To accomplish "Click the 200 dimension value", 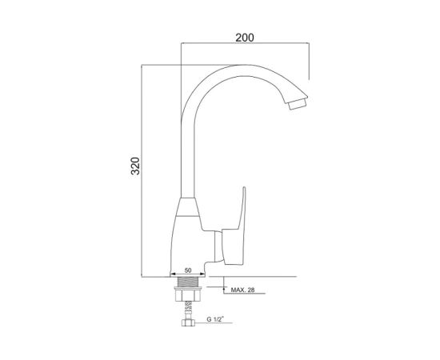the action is coord(245,38).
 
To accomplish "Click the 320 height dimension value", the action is coord(135,166).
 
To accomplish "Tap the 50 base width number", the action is coord(188,270).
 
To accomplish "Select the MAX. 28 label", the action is coord(242,290).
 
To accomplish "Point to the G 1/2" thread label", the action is coord(215,319).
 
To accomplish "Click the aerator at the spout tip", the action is coord(298,105).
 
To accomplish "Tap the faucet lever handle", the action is coord(234,227).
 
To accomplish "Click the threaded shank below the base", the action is coord(188,282).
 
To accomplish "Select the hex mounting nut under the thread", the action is coord(188,294).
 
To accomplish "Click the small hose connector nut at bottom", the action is coord(188,322).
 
